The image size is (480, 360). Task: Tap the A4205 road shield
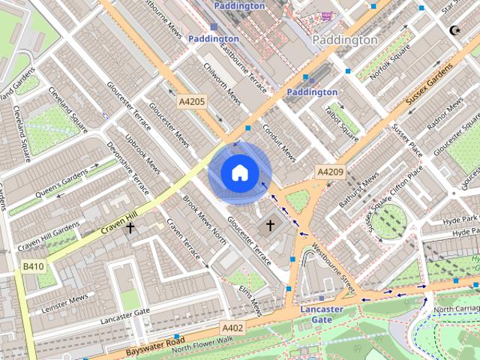tap(191, 100)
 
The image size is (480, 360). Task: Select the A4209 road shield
tap(330, 172)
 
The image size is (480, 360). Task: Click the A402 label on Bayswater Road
tap(232, 328)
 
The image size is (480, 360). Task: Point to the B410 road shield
tap(33, 266)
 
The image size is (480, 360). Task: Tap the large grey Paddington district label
tap(344, 40)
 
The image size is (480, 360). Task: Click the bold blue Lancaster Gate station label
tap(322, 314)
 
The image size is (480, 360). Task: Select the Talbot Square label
tap(340, 121)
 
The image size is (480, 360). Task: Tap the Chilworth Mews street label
tap(222, 87)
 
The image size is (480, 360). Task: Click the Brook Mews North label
tap(205, 220)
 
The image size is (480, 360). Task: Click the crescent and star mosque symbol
tap(453, 31)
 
